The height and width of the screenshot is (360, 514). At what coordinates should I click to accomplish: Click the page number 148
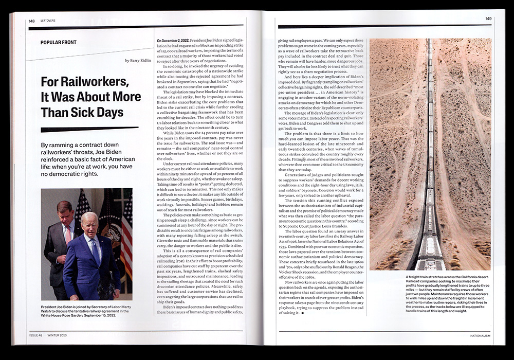(31, 21)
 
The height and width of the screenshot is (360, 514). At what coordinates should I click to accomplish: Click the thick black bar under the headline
(82, 130)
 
